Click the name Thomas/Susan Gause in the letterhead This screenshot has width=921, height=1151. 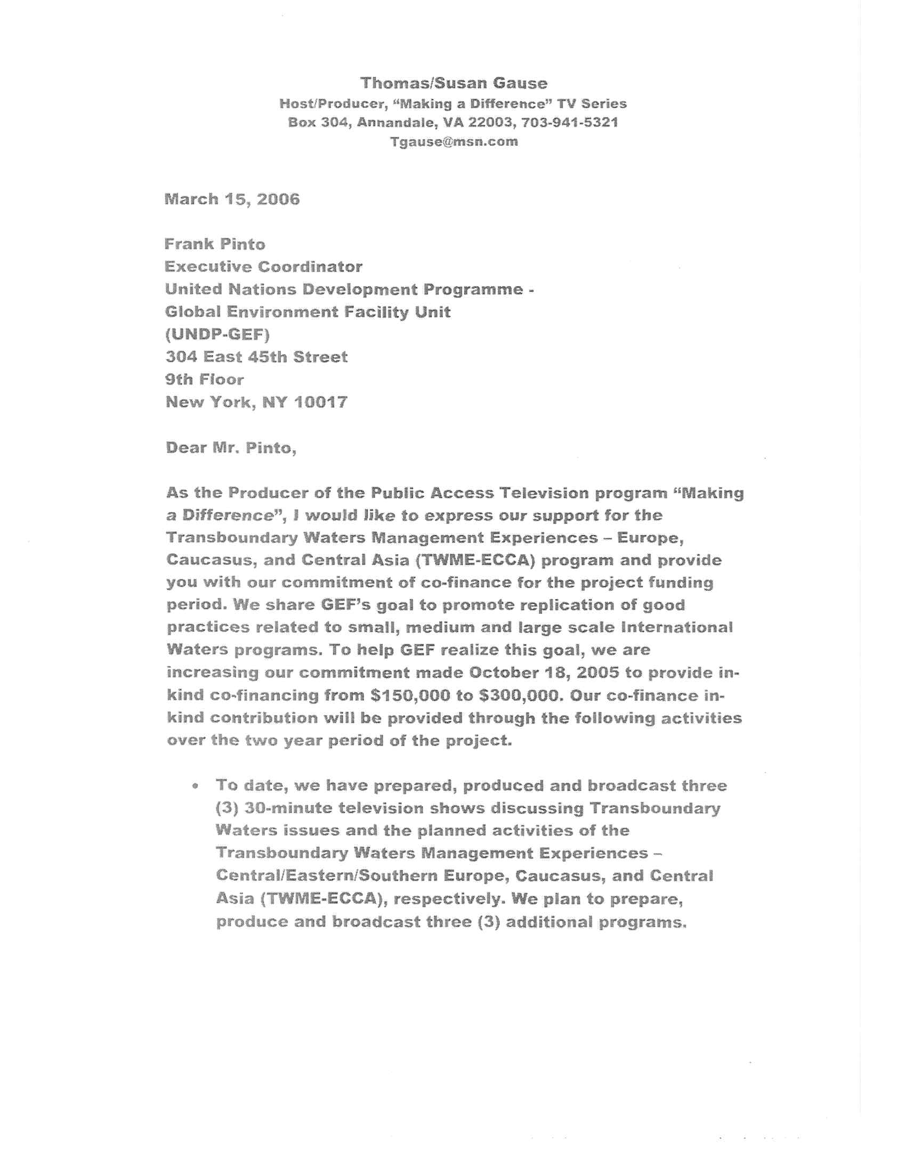(454, 83)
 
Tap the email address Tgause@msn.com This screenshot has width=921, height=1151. (454, 141)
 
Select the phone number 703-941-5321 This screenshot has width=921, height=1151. (570, 122)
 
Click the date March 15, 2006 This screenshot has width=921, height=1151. (232, 199)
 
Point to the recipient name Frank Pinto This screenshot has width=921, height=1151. (215, 244)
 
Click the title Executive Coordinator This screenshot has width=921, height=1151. (264, 266)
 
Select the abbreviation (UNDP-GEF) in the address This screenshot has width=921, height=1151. (218, 334)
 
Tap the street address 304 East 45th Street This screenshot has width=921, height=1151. (256, 356)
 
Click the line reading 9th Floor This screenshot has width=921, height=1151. (205, 379)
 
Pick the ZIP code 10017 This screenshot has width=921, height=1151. (321, 402)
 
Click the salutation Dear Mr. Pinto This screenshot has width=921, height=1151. (231, 448)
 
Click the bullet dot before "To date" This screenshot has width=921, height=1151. (197, 786)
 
